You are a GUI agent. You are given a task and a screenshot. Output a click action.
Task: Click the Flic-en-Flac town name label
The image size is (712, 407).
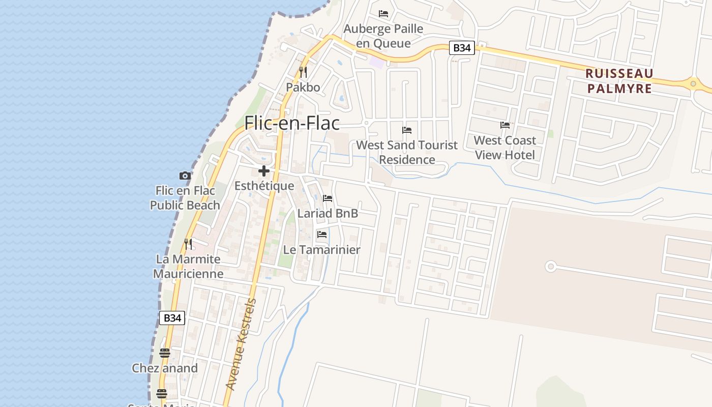[x=292, y=123]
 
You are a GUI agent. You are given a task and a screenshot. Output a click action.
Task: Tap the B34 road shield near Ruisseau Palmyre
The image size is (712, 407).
[x=462, y=48]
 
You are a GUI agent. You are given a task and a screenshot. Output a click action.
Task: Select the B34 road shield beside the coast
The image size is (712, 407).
[x=172, y=318]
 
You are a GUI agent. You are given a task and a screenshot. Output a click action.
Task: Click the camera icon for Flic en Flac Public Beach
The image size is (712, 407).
[x=185, y=176]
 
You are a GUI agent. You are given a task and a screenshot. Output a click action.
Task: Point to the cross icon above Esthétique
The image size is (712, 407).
[x=264, y=171]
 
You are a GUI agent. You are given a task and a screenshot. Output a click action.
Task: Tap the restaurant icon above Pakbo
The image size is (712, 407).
[x=303, y=72]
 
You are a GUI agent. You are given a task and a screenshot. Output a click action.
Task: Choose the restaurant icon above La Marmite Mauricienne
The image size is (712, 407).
[x=188, y=244]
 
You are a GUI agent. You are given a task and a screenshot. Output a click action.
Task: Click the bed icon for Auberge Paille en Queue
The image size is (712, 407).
[x=383, y=14]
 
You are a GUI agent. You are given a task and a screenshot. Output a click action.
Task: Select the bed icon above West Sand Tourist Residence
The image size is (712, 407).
[x=407, y=130]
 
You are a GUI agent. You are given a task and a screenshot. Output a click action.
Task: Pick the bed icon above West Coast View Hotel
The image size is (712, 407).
[x=505, y=125]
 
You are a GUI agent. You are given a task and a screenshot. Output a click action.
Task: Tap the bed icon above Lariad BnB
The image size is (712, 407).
[x=328, y=198]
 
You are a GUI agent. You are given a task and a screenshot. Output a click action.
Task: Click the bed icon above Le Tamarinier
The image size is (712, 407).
[x=322, y=235]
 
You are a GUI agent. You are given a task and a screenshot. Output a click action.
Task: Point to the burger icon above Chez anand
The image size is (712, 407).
[x=164, y=353]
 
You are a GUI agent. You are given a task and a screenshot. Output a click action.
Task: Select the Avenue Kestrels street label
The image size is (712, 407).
[x=241, y=344]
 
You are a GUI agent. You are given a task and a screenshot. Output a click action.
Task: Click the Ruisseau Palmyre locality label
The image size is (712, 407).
[x=619, y=81]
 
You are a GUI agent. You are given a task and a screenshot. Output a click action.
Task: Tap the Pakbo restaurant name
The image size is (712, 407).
[x=303, y=87]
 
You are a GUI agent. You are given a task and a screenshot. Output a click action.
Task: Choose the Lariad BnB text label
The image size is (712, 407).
[x=328, y=213]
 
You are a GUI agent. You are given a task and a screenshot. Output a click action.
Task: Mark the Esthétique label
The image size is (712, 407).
[x=264, y=186]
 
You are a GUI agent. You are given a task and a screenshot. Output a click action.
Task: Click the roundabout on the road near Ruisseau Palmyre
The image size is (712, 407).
[x=693, y=83]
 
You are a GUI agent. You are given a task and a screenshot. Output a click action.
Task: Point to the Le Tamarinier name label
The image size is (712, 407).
[x=322, y=250]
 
